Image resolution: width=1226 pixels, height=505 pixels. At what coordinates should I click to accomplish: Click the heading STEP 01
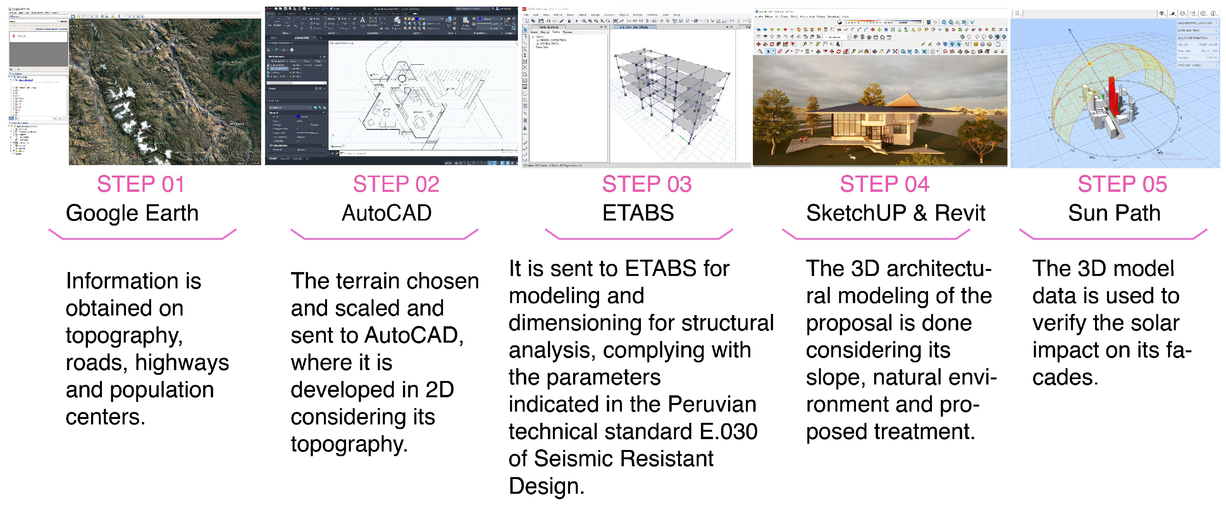(x=140, y=184)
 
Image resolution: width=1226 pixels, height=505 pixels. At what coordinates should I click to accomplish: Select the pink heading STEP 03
(x=646, y=184)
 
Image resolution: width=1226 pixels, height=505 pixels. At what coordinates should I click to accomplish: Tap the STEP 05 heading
(x=1122, y=184)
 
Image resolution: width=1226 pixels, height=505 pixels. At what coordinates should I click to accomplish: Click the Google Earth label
(x=132, y=213)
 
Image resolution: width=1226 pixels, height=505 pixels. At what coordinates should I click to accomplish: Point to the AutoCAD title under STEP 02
(x=386, y=213)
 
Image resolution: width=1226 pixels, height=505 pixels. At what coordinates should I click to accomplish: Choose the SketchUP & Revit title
(x=895, y=213)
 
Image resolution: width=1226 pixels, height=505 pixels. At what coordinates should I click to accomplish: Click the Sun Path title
(x=1114, y=213)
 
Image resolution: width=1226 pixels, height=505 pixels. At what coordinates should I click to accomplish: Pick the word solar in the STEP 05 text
(x=1155, y=323)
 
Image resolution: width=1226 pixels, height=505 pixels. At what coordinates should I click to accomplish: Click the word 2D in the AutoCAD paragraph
(x=439, y=390)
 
